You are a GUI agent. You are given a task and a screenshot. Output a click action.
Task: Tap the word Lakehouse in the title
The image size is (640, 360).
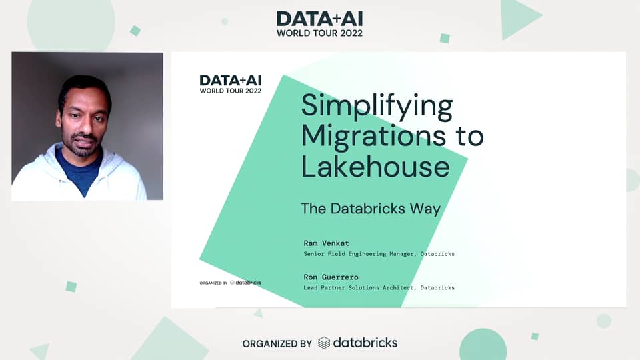pos(375,165)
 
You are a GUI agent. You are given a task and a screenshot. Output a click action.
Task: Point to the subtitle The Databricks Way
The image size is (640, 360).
pos(371,209)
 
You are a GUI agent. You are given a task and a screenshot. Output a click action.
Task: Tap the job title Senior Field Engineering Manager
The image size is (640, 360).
pos(379,254)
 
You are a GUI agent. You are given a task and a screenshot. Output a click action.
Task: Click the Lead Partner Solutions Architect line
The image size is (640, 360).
pos(379,288)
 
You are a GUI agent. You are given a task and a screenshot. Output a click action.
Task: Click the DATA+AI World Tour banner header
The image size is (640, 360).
pos(320,24)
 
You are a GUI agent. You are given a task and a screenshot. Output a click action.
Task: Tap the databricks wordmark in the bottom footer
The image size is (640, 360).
pos(365,343)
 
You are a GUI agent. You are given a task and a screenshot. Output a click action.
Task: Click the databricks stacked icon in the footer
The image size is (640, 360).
pos(324,343)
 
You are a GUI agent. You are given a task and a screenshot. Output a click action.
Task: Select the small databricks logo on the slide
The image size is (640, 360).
pos(245,283)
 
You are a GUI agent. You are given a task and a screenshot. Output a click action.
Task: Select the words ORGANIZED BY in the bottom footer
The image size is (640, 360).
pos(277,344)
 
